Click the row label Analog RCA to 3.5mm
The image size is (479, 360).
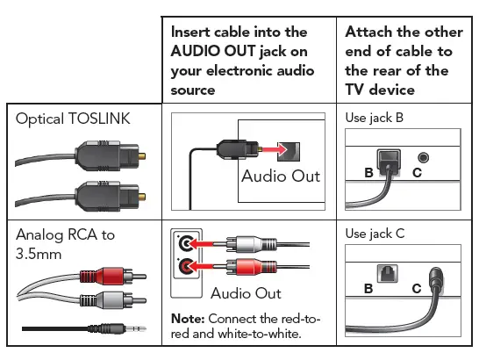pos(64,243)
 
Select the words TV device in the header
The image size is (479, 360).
pos(385,89)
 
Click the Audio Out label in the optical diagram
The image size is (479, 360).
pos(281,176)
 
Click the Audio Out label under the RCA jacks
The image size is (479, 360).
pos(246,292)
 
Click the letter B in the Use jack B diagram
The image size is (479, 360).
pos(368,173)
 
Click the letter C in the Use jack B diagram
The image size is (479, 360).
pos(417,173)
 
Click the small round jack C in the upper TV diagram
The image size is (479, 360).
pos(425,157)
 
